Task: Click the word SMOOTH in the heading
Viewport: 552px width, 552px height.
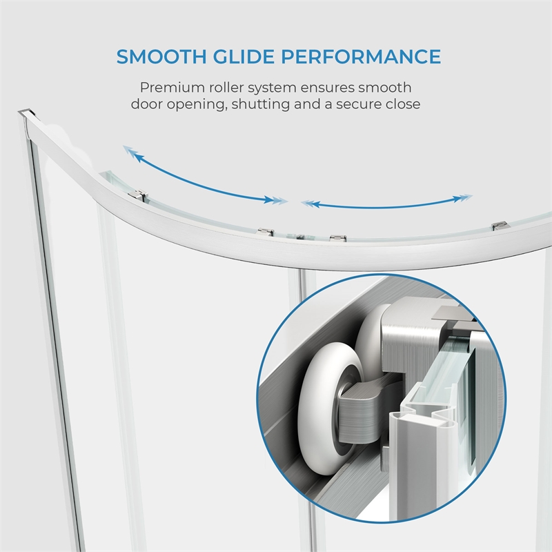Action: point(161,57)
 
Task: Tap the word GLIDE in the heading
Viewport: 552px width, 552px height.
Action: point(244,57)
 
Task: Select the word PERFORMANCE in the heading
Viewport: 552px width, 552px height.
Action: point(361,57)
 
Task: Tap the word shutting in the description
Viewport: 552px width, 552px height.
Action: point(262,105)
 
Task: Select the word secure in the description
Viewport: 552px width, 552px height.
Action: point(358,105)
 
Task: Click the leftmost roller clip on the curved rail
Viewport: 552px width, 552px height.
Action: point(137,195)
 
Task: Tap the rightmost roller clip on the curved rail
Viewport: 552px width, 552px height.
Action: point(500,225)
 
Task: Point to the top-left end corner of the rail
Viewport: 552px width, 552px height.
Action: point(19,112)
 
